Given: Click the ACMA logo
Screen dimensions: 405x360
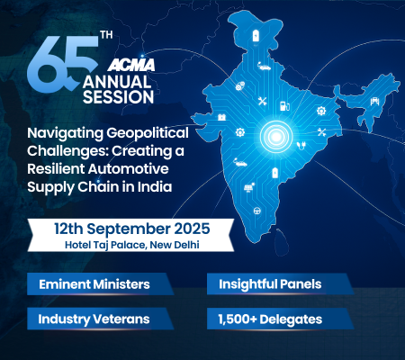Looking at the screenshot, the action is click(131, 65).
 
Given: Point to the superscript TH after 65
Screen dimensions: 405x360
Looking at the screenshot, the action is click(107, 35).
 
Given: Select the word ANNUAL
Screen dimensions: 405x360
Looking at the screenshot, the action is click(117, 82).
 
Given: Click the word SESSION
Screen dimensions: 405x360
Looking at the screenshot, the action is click(118, 97).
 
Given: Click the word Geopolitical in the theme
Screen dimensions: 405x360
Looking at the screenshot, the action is click(148, 133).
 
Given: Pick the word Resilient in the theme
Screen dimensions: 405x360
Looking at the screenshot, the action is click(56, 168).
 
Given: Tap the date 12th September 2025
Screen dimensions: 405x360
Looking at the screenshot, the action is click(132, 229).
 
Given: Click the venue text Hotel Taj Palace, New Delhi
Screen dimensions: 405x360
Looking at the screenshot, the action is click(132, 245).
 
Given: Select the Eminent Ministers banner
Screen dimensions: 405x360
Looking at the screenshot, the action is click(101, 283).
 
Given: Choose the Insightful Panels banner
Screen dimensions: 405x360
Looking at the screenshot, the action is click(281, 283).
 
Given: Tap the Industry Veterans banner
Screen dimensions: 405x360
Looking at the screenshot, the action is click(101, 319).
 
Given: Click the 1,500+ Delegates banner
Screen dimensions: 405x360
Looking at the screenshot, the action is click(281, 319).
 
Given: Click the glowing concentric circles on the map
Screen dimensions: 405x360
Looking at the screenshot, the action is click(276, 137).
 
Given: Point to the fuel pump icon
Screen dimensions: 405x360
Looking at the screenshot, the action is click(284, 106).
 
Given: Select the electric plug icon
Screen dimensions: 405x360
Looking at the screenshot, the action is click(301, 146).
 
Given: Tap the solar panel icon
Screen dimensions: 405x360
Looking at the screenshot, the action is click(248, 187).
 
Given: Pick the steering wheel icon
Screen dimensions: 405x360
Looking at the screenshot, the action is click(257, 211).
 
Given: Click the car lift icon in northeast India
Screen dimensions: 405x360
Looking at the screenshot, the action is click(374, 101).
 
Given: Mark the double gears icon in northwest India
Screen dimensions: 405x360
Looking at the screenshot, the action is click(239, 86).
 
